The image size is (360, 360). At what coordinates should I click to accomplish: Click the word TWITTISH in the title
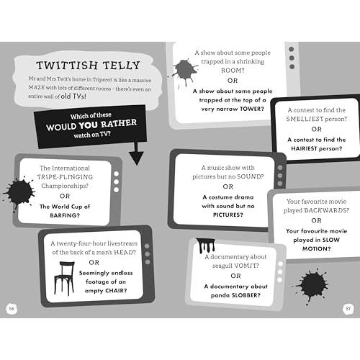[67, 65]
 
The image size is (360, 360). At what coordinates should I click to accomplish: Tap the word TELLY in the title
[122, 66]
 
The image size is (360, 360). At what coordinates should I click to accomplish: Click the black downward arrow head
[136, 158]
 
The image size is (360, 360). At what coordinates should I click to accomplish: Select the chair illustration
[64, 279]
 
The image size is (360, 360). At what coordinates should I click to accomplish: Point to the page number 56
[12, 309]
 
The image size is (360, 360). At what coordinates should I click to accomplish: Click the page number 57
[348, 309]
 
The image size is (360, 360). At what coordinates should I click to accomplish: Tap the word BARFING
[65, 215]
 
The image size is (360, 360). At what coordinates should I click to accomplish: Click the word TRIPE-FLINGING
[65, 177]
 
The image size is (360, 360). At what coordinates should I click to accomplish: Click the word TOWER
[252, 109]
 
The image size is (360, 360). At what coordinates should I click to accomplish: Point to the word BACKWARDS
[327, 210]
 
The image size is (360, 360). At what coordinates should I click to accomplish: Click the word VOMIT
[246, 266]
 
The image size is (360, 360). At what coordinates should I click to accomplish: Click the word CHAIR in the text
[117, 291]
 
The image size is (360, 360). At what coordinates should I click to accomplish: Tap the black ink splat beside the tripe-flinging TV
[19, 192]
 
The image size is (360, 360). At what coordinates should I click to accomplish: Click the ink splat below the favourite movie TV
[312, 285]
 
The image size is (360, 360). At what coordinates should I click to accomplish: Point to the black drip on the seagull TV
[205, 246]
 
